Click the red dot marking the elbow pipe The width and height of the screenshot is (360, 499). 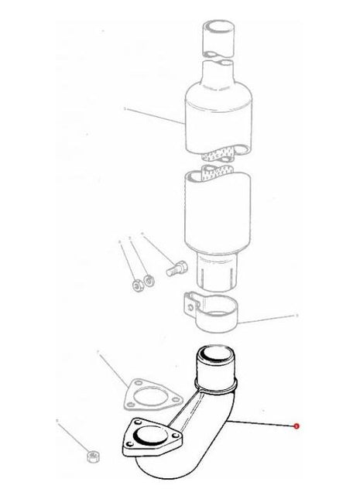[295, 426]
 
